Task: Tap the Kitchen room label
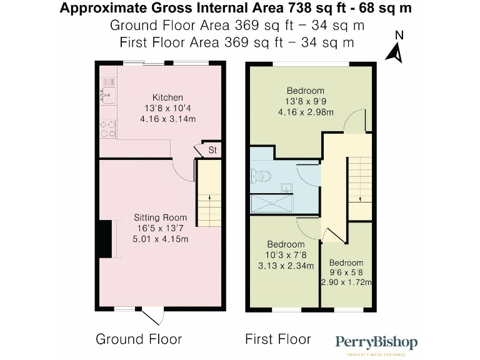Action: tap(168, 97)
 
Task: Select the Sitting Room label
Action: tap(160, 217)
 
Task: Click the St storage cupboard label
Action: tap(212, 150)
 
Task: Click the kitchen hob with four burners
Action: tap(107, 127)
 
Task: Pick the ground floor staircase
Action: tap(209, 194)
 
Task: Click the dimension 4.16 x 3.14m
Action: tap(168, 119)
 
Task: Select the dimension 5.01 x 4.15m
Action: tap(160, 239)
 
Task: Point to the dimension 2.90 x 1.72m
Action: tap(346, 282)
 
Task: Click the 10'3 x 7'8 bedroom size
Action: tap(286, 254)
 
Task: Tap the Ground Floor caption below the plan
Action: tap(139, 339)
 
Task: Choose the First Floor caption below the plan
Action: tap(277, 339)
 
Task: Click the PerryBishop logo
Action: tap(376, 343)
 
